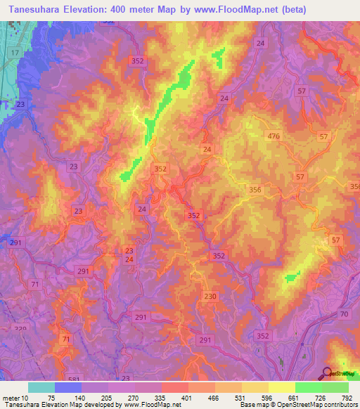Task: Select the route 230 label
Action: click(x=210, y=297)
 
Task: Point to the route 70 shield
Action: click(x=345, y=314)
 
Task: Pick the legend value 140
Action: click(x=79, y=397)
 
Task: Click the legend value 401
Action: click(x=186, y=397)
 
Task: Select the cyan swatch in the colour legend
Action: click(x=41, y=387)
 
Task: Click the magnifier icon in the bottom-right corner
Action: click(x=328, y=373)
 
